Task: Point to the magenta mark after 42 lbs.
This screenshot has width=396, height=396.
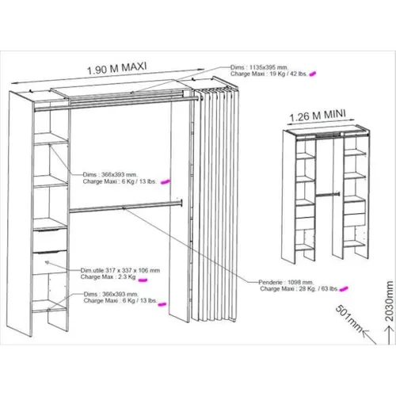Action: coord(314,74)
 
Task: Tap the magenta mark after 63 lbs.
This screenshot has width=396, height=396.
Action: coord(346,290)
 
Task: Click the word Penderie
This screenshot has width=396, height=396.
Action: coord(274,282)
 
